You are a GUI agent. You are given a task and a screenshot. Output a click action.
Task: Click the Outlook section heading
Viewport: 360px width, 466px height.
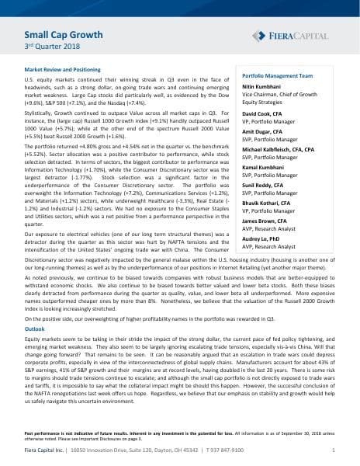35,329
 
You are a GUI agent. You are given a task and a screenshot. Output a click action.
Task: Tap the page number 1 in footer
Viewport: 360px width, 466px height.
333,450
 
